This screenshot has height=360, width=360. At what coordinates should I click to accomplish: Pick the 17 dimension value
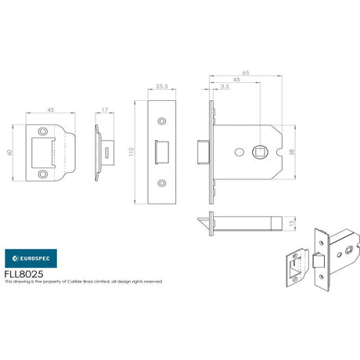click(105, 110)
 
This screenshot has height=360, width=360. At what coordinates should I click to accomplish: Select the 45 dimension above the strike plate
click(49, 110)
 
